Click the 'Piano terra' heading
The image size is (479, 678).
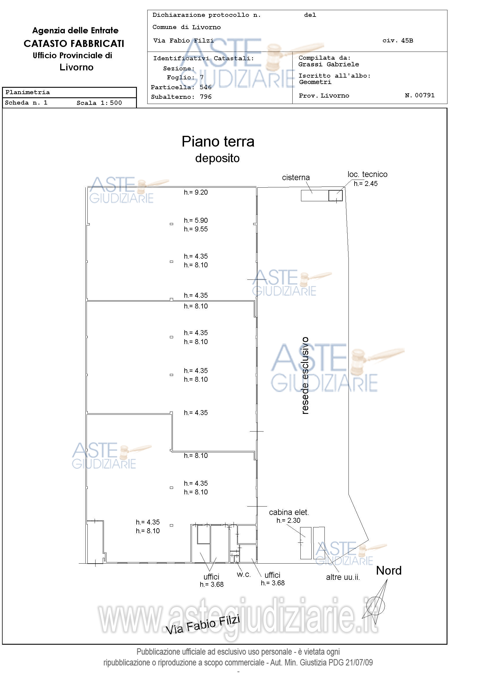point(218,141)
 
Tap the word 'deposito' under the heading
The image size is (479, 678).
point(217,159)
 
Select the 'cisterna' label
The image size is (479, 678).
point(296,178)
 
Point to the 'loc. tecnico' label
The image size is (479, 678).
point(368,174)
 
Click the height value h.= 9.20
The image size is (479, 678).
point(196,192)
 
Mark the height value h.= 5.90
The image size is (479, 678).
point(196,220)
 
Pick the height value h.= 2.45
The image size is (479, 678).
point(366,184)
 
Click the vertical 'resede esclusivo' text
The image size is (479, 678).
point(305,375)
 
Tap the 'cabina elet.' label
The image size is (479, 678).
point(289,512)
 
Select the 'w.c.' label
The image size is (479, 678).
point(243,575)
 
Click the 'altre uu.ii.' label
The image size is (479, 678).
point(343,577)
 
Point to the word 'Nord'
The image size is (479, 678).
point(389,571)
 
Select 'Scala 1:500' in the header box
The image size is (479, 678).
point(99,103)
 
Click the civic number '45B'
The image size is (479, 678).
point(407,41)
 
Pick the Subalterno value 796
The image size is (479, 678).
point(206,97)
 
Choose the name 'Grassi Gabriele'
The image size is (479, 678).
point(328,64)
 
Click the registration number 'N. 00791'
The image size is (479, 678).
point(420,95)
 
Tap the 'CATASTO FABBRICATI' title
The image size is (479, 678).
point(74,44)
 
